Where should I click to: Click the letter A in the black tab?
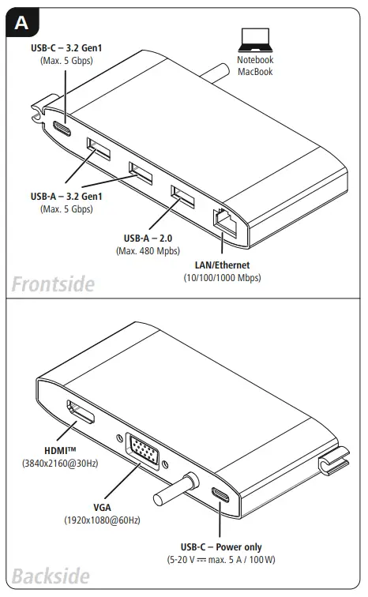click(21, 23)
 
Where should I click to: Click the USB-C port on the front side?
click(61, 130)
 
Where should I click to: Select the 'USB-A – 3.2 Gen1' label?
click(66, 197)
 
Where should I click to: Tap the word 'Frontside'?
click(53, 283)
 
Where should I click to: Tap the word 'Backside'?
click(50, 576)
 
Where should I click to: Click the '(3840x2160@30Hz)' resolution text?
click(60, 464)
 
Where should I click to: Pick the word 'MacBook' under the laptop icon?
click(254, 72)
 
